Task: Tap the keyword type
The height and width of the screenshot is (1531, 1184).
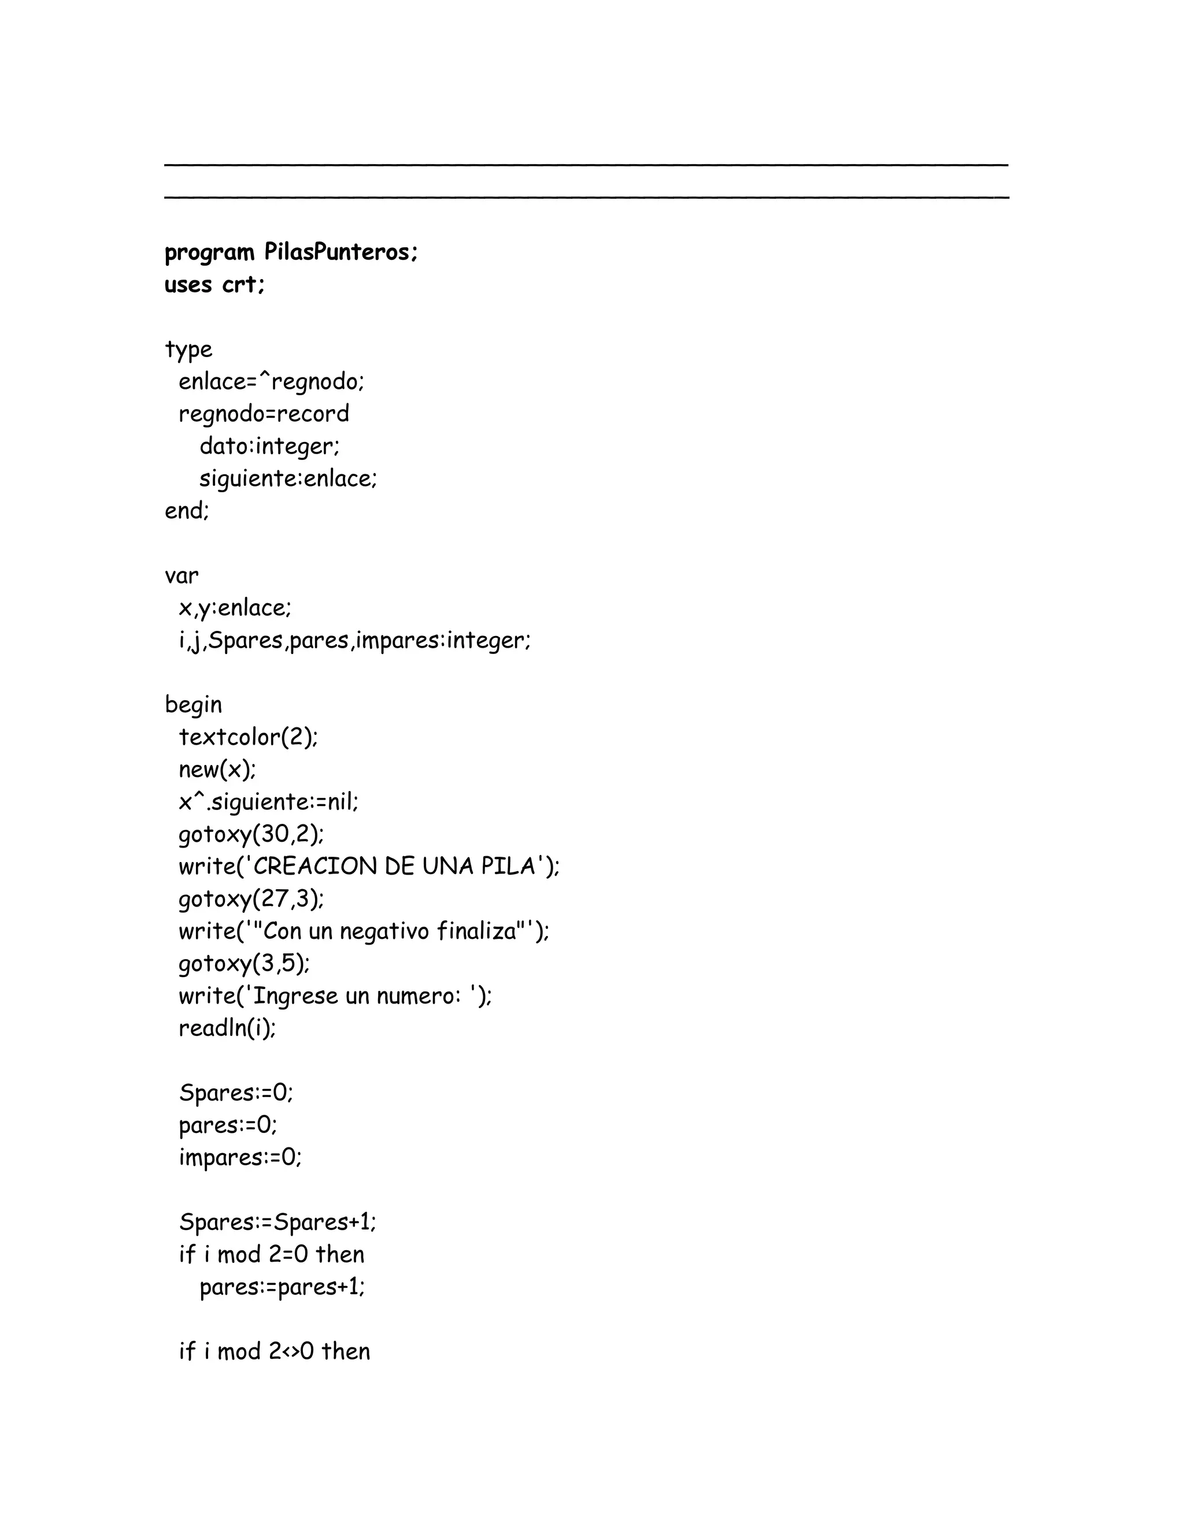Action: tap(188, 350)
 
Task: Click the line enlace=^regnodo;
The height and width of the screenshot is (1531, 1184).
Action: tap(271, 382)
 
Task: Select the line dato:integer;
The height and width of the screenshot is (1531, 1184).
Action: tap(269, 447)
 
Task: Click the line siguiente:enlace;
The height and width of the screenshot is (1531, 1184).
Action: tap(287, 479)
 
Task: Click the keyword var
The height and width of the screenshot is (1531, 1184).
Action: tap(181, 576)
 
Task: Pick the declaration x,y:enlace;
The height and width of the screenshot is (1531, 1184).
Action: tap(234, 608)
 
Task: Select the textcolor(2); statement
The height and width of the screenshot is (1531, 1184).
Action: tap(248, 737)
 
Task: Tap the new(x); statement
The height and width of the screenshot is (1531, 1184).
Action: tap(217, 770)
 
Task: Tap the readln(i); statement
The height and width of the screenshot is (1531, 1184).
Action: tap(227, 1028)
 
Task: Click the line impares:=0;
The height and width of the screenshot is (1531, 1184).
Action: tap(240, 1157)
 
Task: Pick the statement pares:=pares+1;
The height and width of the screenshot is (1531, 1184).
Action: tap(282, 1287)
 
